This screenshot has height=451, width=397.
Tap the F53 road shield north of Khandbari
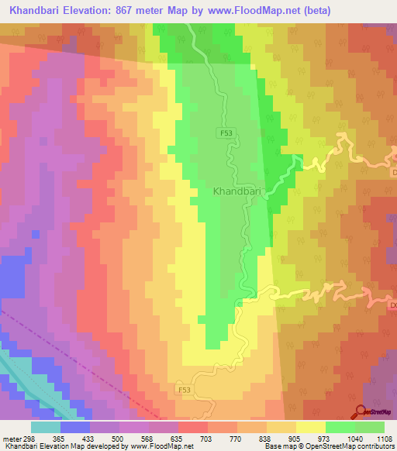225,133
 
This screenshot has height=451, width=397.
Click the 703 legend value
197,437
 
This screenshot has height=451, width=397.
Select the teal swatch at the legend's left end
47,426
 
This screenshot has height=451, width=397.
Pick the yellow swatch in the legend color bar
310,426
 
